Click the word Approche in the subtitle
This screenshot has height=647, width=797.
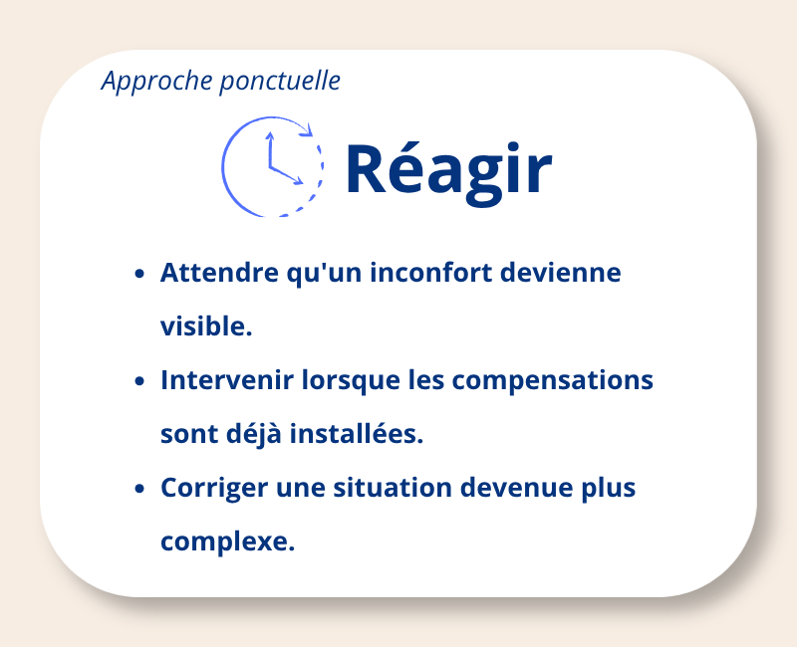(156, 81)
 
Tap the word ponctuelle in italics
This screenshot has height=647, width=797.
(280, 82)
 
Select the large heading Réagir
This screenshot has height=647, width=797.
(449, 171)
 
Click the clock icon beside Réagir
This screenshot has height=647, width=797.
(272, 167)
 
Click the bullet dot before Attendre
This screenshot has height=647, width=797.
(139, 274)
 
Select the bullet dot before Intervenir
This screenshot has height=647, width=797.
(139, 381)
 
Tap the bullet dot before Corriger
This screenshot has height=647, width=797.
(139, 488)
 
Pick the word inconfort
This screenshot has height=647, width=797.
(431, 273)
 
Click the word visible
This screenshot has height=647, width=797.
(206, 326)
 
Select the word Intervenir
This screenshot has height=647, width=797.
(227, 380)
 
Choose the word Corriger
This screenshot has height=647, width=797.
(214, 489)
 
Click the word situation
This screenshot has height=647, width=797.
(393, 488)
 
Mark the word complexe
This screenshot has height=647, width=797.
(228, 542)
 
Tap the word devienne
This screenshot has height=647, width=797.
(561, 273)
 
